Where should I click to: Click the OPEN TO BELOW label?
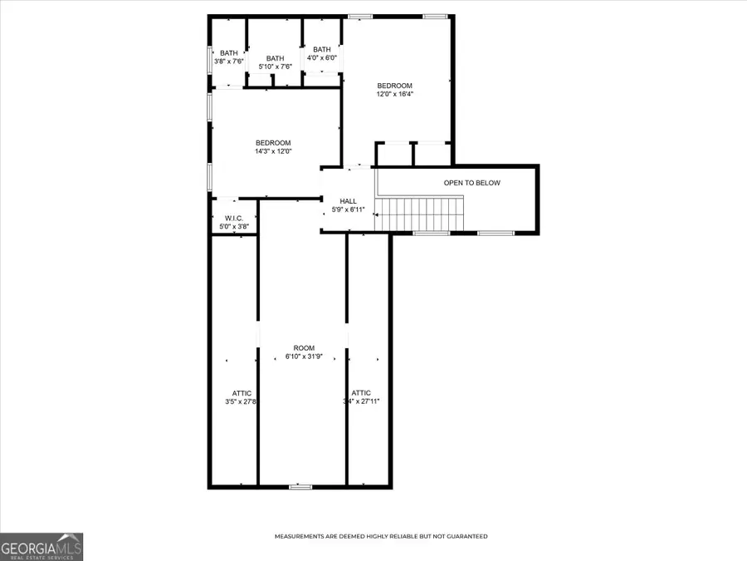[x=471, y=183]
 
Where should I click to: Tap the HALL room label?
[x=349, y=201]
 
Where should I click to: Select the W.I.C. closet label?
[x=232, y=219]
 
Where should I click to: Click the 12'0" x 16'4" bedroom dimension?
[x=395, y=94]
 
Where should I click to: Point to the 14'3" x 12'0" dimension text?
[x=273, y=151]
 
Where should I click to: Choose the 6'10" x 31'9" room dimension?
[x=304, y=357]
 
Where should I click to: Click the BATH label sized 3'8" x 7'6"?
[x=228, y=53]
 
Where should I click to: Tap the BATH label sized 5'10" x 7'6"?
[x=275, y=58]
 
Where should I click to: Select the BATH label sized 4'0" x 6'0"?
[x=322, y=49]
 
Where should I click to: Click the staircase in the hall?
[x=418, y=214]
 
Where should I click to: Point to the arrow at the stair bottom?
[x=378, y=214]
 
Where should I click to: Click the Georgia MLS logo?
[x=41, y=547]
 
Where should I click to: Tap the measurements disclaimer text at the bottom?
[x=381, y=536]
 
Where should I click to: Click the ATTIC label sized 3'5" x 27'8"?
[x=242, y=393]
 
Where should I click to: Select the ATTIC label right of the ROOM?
[x=361, y=393]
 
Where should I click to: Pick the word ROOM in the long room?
[x=304, y=348]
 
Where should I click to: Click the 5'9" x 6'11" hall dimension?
[x=349, y=209]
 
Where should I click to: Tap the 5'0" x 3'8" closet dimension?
[x=232, y=227]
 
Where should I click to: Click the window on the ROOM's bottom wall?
[x=300, y=486]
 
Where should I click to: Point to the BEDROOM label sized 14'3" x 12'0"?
[x=273, y=143]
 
